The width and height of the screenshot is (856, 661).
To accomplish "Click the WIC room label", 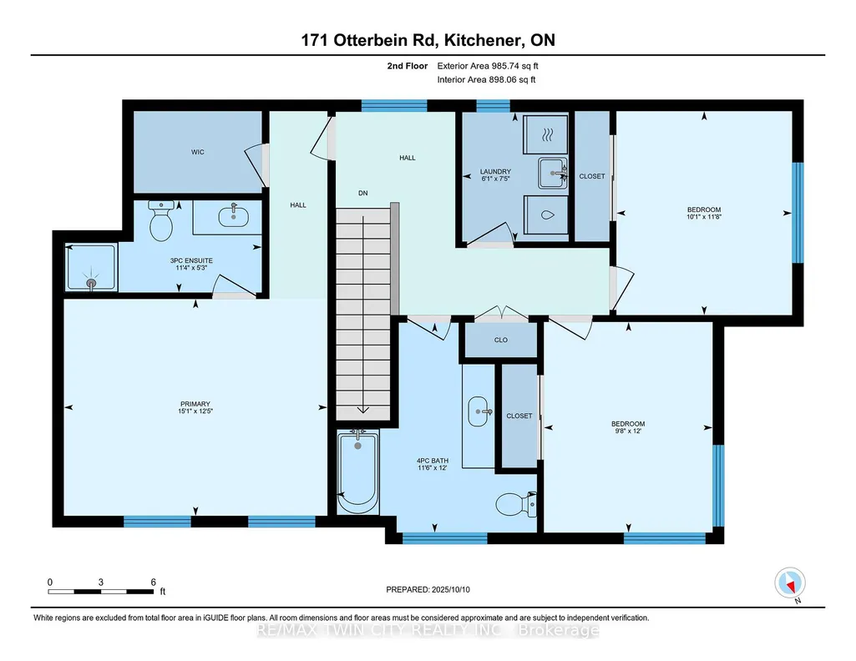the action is pos(198,152).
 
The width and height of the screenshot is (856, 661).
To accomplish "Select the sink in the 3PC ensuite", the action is pos(234,216).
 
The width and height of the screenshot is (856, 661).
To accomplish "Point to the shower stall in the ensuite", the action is pos(91,267).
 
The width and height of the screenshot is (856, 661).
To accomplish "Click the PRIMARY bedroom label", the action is pos(195,404).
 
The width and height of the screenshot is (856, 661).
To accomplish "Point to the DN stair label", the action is pos(363,193).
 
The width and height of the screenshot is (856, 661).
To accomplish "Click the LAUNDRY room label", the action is pos(496,171).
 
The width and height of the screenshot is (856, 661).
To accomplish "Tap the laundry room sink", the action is pos(553,173).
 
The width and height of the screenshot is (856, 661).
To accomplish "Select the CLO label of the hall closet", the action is pos(500,340).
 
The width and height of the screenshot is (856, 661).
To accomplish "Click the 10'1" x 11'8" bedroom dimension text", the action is pos(704,216).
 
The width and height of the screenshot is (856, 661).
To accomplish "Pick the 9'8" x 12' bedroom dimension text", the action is pos(628,431).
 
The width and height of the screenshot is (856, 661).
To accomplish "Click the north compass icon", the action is pos(790,583).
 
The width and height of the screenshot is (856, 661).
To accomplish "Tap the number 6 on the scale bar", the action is pos(154,582).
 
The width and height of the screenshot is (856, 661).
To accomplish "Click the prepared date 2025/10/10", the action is pos(451,589).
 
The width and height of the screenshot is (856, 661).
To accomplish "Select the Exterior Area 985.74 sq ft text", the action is pos(488,66).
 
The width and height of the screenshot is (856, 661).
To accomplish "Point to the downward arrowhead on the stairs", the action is pos(363,410).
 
